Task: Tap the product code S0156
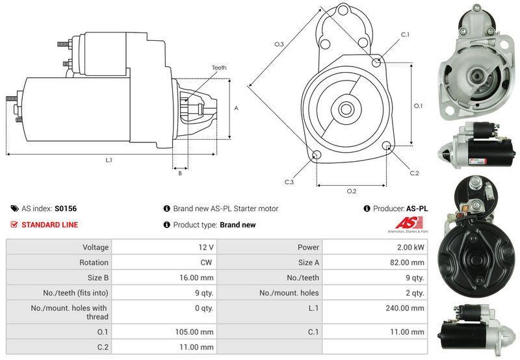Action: [66, 209]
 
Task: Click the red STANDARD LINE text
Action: [50, 225]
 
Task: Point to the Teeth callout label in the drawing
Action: [219, 68]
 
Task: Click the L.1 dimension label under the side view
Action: [109, 160]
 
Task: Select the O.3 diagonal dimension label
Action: [279, 44]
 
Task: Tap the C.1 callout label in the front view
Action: [405, 34]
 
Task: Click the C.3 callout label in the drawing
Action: [289, 182]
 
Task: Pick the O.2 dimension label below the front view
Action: [351, 191]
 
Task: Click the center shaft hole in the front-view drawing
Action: [345, 109]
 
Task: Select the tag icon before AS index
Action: [14, 209]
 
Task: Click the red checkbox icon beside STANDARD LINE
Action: [14, 225]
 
